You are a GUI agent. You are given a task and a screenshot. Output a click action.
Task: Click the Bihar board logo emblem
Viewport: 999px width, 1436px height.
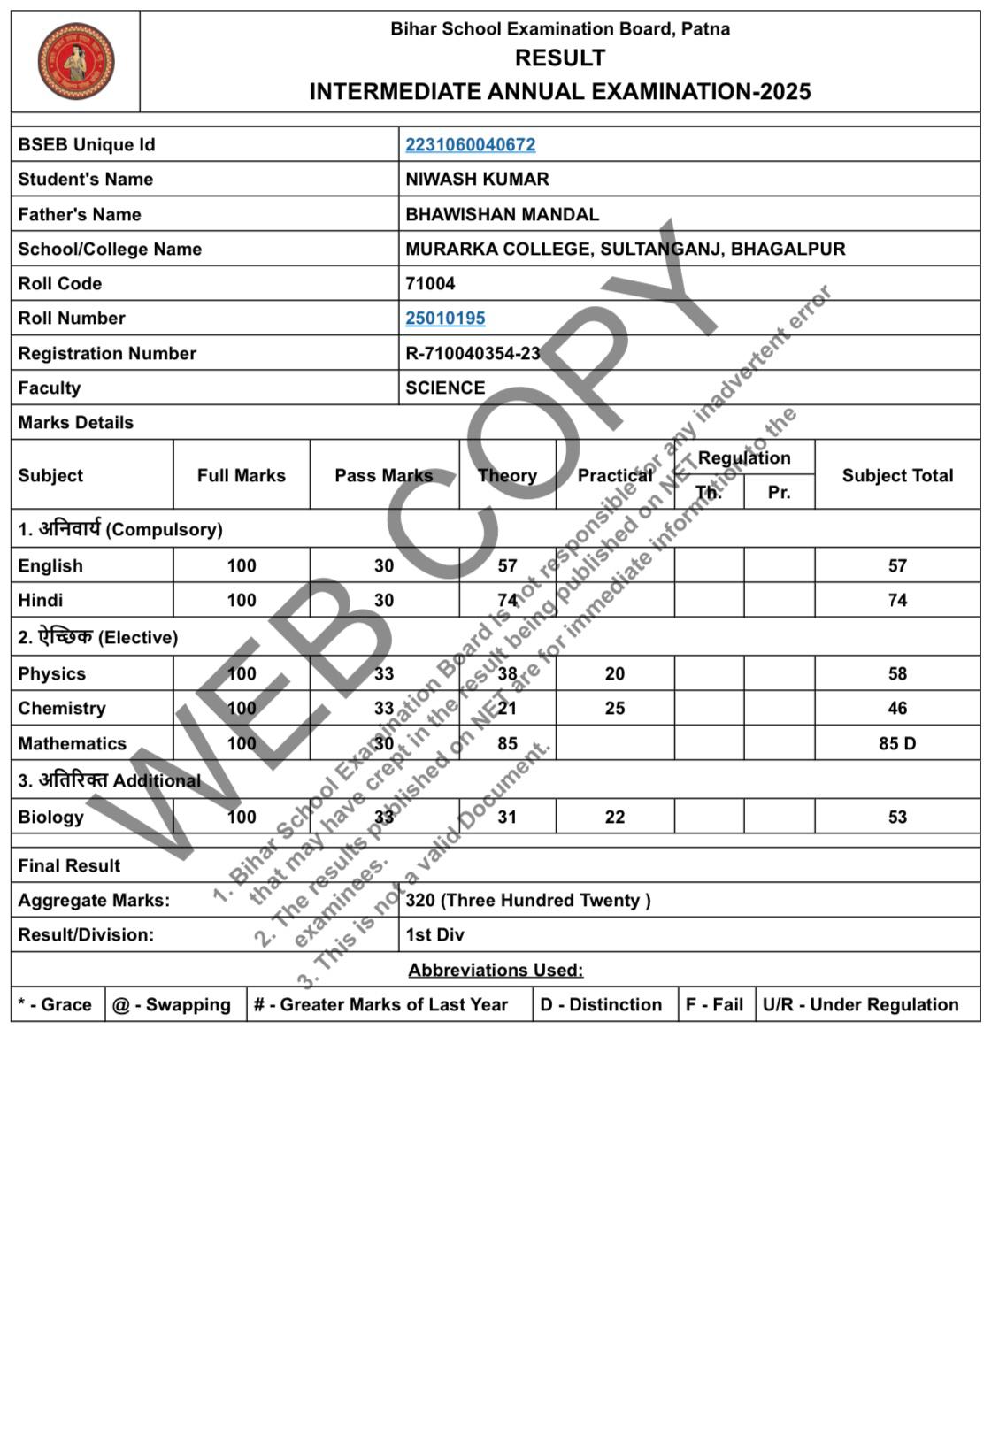coord(76,61)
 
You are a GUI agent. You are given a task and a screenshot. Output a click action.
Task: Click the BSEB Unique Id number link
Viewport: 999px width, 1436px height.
coord(470,144)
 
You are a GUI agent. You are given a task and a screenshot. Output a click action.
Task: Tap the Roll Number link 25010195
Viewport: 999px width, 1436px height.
coord(445,318)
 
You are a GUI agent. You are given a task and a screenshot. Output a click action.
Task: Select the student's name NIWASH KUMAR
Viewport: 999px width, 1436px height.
coord(477,179)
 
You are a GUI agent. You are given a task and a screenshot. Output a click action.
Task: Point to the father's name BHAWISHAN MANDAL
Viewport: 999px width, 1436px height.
coord(502,214)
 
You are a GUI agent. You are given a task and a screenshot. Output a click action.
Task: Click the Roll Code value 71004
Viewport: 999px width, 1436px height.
coord(430,283)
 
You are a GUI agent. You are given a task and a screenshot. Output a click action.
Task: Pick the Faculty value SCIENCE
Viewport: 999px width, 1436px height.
coord(445,388)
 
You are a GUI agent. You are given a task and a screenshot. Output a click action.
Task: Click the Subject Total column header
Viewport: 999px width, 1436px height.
coord(897,475)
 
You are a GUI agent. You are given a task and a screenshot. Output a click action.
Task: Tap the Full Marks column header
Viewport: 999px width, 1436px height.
coord(242,475)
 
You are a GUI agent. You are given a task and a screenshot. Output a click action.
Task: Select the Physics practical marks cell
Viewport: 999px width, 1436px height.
coord(615,673)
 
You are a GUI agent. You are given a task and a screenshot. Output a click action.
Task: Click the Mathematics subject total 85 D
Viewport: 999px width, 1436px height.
coord(897,743)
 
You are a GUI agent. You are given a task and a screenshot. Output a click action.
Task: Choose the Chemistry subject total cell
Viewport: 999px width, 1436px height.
coord(897,708)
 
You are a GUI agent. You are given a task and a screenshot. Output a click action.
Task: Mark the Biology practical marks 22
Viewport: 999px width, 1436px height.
coord(615,817)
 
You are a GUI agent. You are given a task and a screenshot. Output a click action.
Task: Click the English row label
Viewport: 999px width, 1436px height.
coord(50,565)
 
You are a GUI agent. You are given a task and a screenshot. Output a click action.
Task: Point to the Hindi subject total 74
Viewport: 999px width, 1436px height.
coord(897,600)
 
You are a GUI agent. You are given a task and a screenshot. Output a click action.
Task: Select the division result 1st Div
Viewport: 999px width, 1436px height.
coord(434,934)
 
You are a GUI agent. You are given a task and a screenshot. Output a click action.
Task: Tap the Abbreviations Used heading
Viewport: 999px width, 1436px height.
coord(496,970)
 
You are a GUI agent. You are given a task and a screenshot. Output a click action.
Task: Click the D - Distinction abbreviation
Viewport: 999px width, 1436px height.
coord(601,1004)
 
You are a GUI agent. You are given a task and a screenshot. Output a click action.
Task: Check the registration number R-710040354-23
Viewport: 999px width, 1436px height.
coord(473,353)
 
